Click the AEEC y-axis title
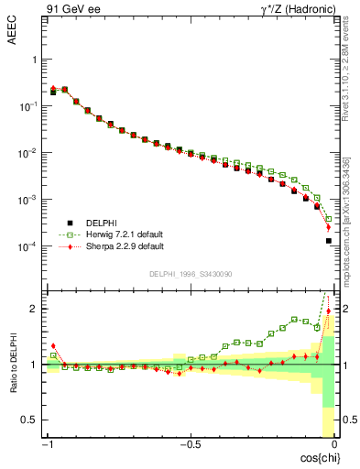(12, 34)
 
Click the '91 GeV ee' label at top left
(70, 10)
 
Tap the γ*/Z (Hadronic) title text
(298, 10)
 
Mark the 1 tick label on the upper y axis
(35, 60)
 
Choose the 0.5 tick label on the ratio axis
(30, 420)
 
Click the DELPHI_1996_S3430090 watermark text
(190, 274)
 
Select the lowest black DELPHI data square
(328, 241)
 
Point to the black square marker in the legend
(71, 223)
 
